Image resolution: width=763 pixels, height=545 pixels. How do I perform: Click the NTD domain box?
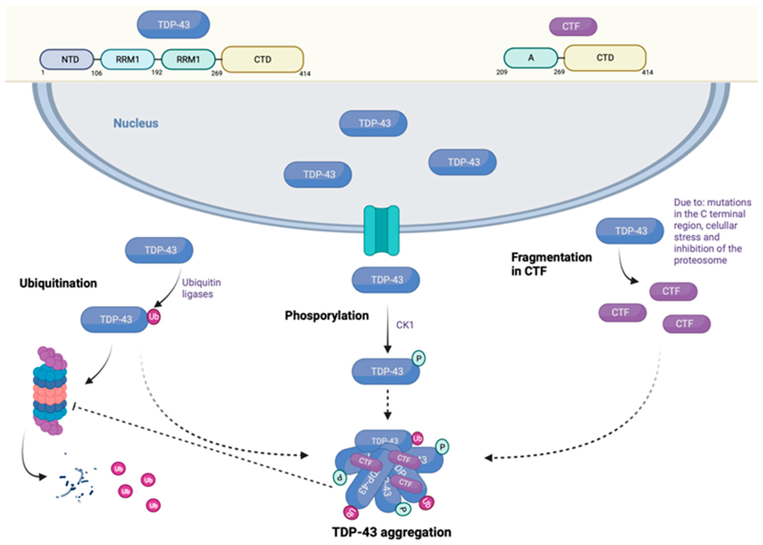(x=67, y=59)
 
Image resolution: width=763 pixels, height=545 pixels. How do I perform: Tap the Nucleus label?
(x=136, y=123)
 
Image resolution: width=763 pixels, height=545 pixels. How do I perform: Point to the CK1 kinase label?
(x=405, y=325)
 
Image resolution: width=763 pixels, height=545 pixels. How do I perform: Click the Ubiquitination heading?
(x=58, y=283)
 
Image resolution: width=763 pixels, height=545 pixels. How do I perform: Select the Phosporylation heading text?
(x=327, y=316)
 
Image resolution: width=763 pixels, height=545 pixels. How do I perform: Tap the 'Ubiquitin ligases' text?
(x=201, y=288)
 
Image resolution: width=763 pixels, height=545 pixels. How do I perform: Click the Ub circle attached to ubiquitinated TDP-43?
(x=154, y=317)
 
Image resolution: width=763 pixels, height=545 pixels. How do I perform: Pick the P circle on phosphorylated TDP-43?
(x=419, y=358)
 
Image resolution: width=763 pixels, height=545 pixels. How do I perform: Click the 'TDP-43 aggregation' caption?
(x=392, y=532)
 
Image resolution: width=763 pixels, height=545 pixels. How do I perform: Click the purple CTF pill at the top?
(x=573, y=26)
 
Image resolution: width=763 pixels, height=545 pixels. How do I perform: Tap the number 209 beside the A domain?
(x=502, y=72)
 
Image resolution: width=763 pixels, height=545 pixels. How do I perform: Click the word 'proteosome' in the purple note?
(x=700, y=260)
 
